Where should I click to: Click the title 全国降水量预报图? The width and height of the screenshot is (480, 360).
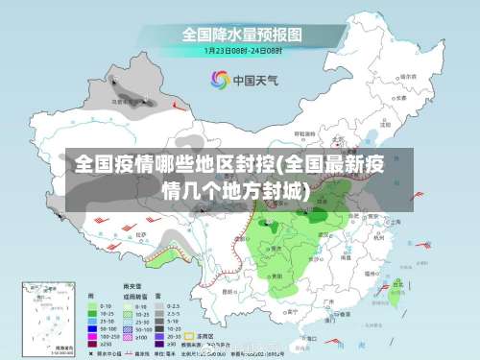point(243,34)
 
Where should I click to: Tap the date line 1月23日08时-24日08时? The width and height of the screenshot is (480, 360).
point(243,49)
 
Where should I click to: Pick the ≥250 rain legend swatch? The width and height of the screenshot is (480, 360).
point(92,344)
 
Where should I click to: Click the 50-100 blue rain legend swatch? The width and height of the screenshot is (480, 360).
point(92,326)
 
